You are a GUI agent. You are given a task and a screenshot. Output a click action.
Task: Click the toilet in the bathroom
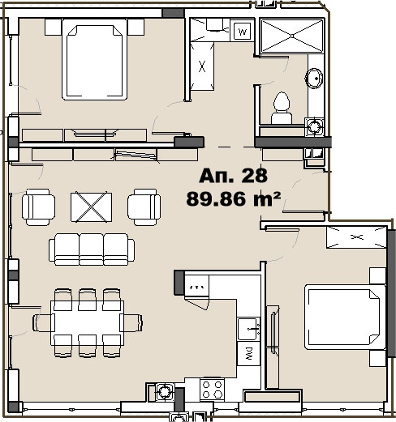(x=282, y=108)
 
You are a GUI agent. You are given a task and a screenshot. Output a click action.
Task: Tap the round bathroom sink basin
(x=314, y=79)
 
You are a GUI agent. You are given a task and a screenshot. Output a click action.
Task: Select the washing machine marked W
(x=243, y=32)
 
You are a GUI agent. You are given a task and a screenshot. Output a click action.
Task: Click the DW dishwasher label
(x=249, y=353)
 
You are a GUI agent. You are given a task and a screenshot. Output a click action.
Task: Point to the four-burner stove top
(x=212, y=389)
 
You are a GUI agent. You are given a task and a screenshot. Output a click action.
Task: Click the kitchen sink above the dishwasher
(x=248, y=329)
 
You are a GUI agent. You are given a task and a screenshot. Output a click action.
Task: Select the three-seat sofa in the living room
(x=92, y=249)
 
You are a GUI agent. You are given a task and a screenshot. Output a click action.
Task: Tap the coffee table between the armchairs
(x=91, y=207)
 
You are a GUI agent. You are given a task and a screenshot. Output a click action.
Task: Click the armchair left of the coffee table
(x=38, y=207)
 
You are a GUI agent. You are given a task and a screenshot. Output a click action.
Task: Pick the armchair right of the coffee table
(x=144, y=207)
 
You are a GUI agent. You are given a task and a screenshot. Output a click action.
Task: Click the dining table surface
(x=87, y=323)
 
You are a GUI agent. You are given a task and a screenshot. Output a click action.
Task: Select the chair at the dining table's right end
(x=131, y=322)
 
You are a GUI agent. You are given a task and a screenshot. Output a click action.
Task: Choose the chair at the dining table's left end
(x=44, y=322)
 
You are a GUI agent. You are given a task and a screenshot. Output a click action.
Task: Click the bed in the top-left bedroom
(x=94, y=59)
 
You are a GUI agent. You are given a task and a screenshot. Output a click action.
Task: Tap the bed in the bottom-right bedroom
(x=346, y=318)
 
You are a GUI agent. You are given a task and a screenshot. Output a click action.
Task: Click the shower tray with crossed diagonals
(x=292, y=36)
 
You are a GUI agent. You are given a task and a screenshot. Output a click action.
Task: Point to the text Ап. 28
(x=233, y=176)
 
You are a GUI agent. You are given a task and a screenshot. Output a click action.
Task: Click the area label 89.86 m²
(x=233, y=199)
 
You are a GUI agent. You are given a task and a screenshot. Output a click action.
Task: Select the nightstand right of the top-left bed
(x=136, y=27)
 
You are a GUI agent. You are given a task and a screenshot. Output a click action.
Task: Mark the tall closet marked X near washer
(x=202, y=66)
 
